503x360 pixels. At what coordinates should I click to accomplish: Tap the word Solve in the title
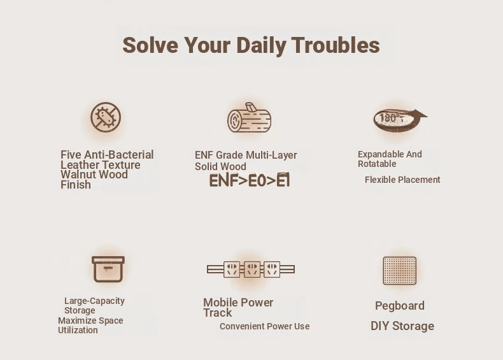150,45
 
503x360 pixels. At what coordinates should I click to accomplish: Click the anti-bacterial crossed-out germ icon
106,117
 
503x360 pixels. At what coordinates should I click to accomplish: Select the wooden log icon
249,117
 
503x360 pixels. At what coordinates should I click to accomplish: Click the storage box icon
108,269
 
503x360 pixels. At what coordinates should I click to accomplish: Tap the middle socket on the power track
252,269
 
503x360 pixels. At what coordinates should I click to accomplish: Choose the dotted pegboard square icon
400,271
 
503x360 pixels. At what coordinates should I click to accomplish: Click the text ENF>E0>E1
250,181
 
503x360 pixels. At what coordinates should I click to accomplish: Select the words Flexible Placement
402,180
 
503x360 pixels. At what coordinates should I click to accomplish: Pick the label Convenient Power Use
265,326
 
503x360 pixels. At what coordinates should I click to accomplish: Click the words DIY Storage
402,326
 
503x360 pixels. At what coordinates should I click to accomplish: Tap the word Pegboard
400,306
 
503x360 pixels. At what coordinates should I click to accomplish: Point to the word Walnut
78,175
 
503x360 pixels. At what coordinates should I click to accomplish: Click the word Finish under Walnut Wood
76,185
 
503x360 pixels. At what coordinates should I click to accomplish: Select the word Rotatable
377,164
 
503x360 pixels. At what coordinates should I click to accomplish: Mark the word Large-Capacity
94,301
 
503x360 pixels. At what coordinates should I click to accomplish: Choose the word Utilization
78,330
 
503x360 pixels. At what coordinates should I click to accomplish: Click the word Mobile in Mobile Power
220,303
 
